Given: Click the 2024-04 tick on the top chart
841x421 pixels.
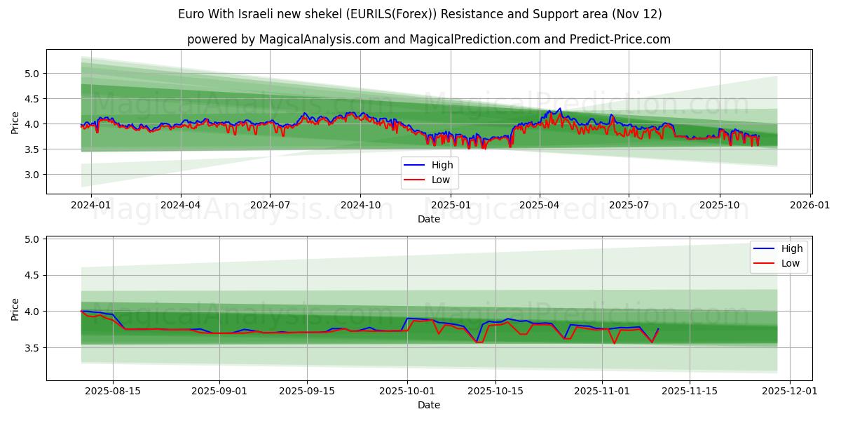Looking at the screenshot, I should click(181, 205).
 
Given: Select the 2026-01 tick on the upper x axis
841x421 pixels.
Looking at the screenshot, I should click(810, 205).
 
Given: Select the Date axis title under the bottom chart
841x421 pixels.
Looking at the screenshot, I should click(429, 405).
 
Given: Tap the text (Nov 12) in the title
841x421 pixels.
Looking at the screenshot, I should click(636, 14).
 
